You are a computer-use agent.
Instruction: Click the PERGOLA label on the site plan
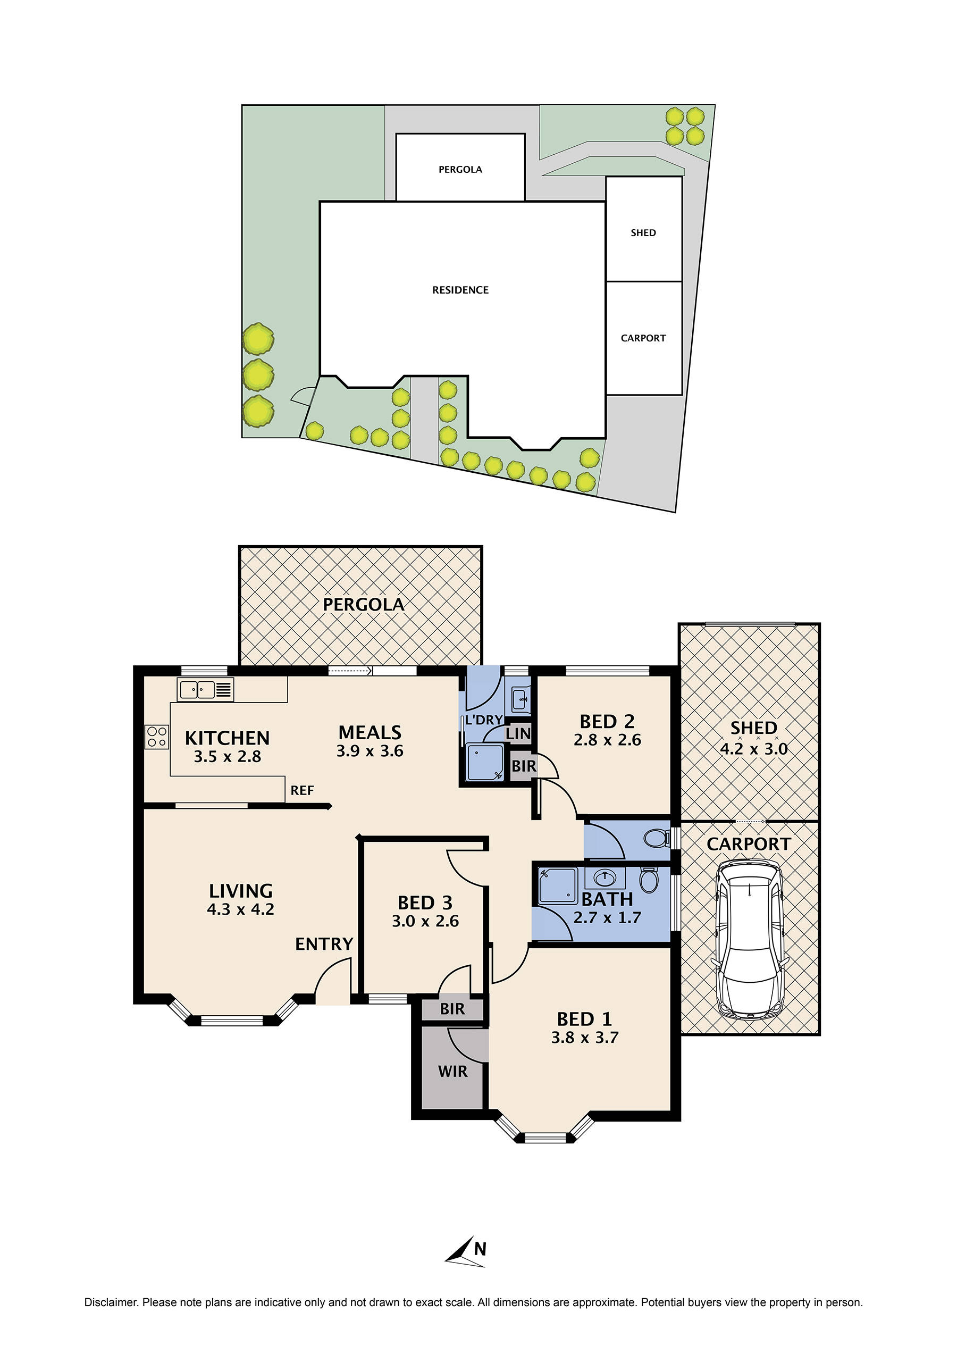[x=460, y=170]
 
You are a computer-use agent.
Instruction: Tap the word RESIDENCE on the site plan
[x=460, y=290]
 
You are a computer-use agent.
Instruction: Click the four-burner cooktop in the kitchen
[x=157, y=737]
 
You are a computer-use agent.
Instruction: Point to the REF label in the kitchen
[x=302, y=791]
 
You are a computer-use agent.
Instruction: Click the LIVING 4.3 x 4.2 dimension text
[x=240, y=909]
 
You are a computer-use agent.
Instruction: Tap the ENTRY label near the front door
[x=324, y=944]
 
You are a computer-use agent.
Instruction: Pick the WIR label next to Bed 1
[x=452, y=1072]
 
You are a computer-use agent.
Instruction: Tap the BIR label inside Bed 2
[x=523, y=766]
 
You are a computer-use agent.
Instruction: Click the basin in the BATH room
[x=605, y=879]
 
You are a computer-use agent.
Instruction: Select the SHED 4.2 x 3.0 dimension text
[x=753, y=749]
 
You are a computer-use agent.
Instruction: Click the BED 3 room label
[x=425, y=903]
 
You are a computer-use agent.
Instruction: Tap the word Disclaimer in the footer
[x=110, y=1302]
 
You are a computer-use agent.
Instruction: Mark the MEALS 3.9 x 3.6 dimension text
[x=370, y=751]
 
